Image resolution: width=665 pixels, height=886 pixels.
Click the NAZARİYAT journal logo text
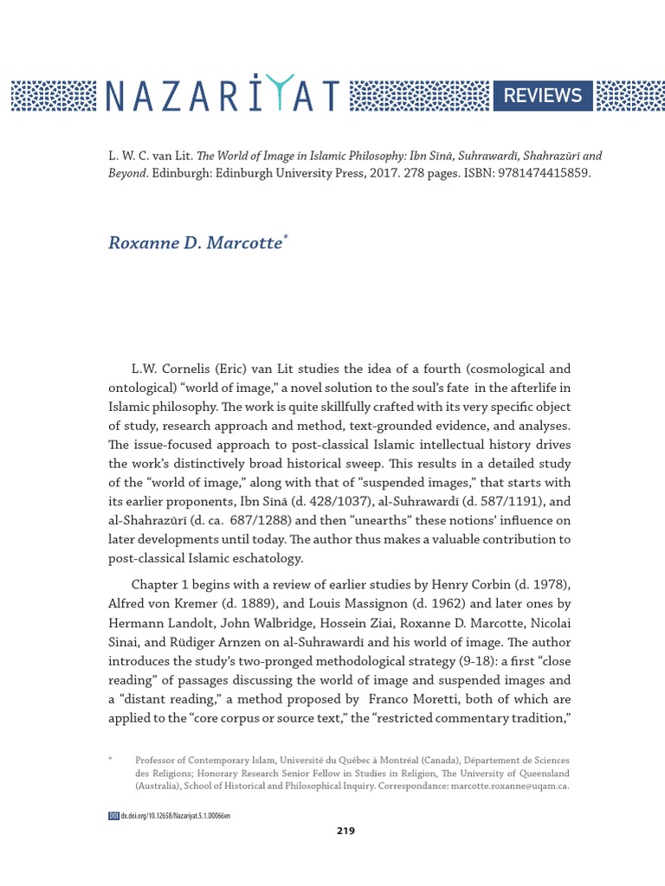[x=222, y=96]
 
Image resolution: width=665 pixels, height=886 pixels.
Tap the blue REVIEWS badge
[x=544, y=96]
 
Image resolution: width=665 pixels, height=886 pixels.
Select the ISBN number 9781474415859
[x=519, y=173]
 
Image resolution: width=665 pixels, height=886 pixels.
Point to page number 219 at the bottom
[x=345, y=831]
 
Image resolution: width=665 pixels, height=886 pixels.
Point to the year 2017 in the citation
[x=343, y=173]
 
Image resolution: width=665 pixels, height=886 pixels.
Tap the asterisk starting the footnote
[x=111, y=759]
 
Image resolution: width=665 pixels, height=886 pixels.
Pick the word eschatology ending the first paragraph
[x=266, y=558]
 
